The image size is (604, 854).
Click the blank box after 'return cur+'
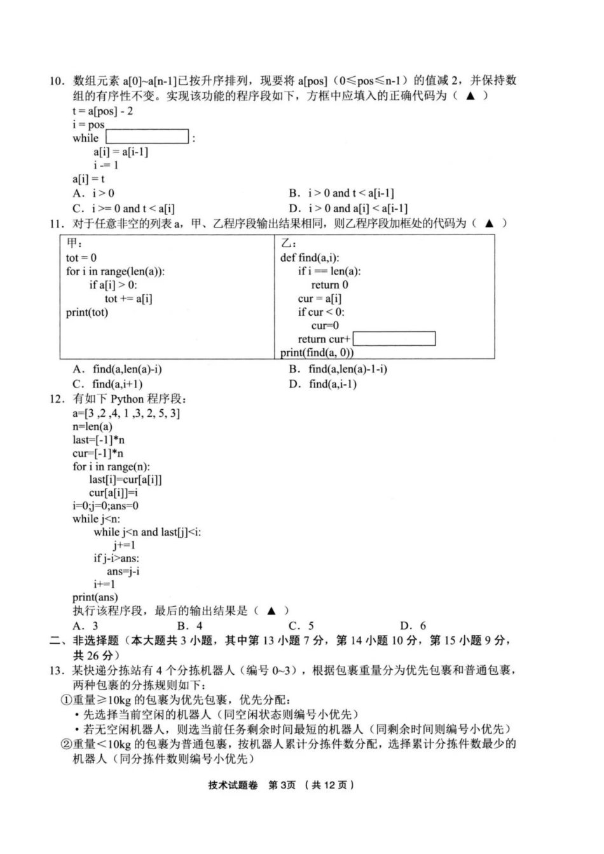pyautogui.click(x=394, y=339)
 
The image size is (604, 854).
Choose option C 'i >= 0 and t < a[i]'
pyautogui.click(x=124, y=208)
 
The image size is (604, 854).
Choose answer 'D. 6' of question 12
pyautogui.click(x=413, y=625)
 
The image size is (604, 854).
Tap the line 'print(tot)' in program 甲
pyautogui.click(x=87, y=312)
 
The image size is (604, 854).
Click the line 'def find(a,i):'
pyautogui.click(x=310, y=258)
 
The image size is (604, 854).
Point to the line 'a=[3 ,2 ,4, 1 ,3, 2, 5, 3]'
pyautogui.click(x=126, y=413)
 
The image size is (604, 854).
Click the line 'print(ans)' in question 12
pyautogui.click(x=95, y=597)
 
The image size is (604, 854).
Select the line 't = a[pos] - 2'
pyautogui.click(x=102, y=111)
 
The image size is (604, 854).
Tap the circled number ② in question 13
pyautogui.click(x=65, y=744)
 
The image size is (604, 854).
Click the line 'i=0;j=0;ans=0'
pyautogui.click(x=106, y=506)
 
